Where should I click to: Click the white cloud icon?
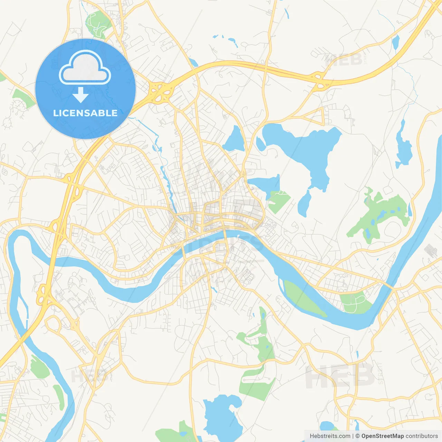tap(85, 68)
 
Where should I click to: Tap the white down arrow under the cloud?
tap(81, 95)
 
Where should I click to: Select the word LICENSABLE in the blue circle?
tap(85, 113)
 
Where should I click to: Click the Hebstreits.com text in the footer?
tap(330, 436)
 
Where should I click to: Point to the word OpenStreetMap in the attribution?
tap(382, 436)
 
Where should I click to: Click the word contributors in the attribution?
tap(422, 436)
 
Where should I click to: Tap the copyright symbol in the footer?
tap(357, 436)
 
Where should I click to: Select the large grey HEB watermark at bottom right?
tap(340, 375)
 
